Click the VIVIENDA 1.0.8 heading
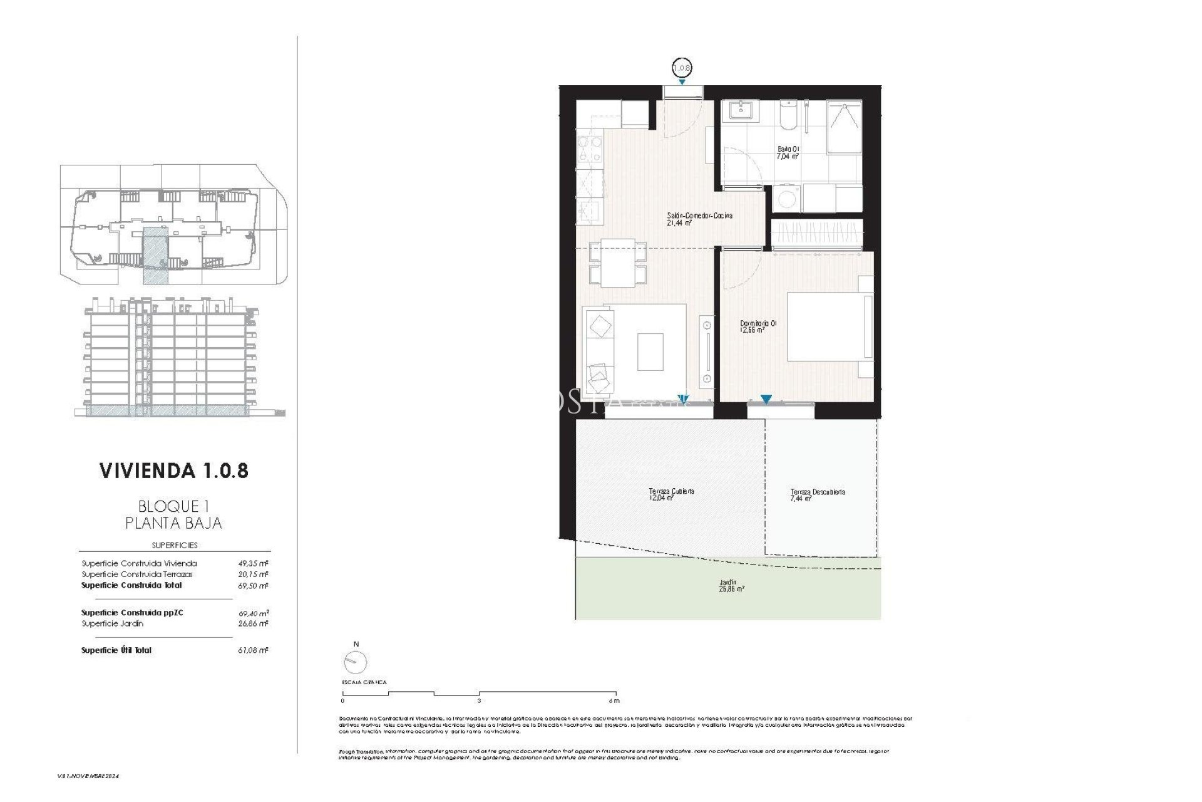[x=174, y=471]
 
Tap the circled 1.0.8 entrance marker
[x=682, y=67]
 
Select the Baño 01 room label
[x=788, y=153]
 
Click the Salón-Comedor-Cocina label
[x=699, y=219]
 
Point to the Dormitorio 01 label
[x=758, y=326]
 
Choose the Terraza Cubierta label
[x=671, y=495]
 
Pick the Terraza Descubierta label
[x=817, y=495]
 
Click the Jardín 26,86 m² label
[x=731, y=586]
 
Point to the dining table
[x=618, y=263]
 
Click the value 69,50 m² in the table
[x=257, y=586]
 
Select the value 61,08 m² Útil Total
[x=257, y=650]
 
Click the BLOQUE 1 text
[x=173, y=506]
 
